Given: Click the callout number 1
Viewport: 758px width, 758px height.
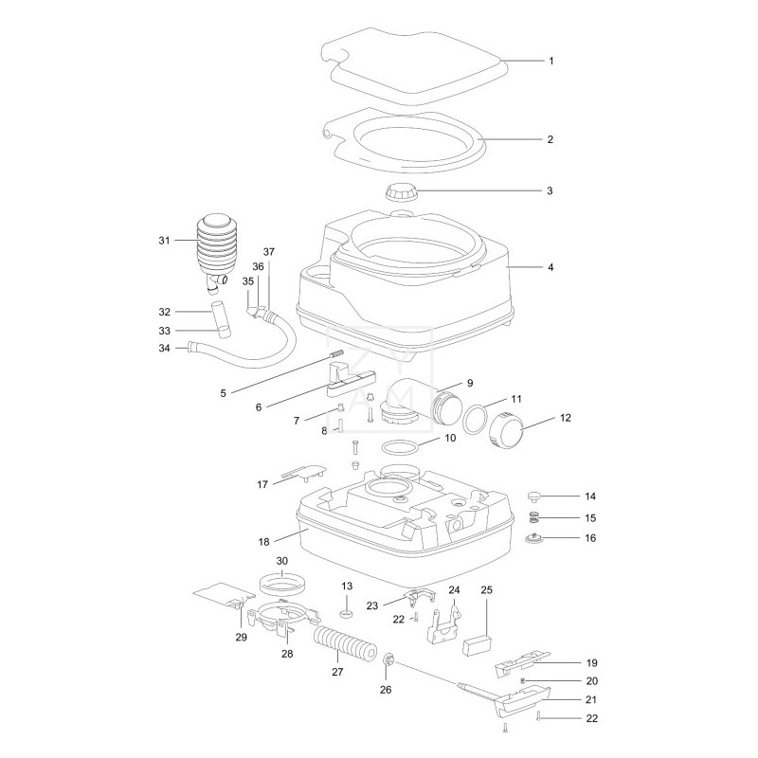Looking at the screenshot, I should tap(550, 61).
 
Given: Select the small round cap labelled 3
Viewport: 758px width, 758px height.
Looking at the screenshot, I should tap(405, 191).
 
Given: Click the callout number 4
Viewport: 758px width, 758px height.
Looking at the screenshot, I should tap(550, 267).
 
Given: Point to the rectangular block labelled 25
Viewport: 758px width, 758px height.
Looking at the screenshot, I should tap(475, 645).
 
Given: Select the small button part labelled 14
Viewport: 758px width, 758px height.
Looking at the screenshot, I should tap(536, 496).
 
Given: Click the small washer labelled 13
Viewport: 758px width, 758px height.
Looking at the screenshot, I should tap(346, 603).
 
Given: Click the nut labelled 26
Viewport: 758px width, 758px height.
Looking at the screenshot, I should tap(389, 659).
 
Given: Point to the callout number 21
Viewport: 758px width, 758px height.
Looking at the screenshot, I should tap(589, 700).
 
